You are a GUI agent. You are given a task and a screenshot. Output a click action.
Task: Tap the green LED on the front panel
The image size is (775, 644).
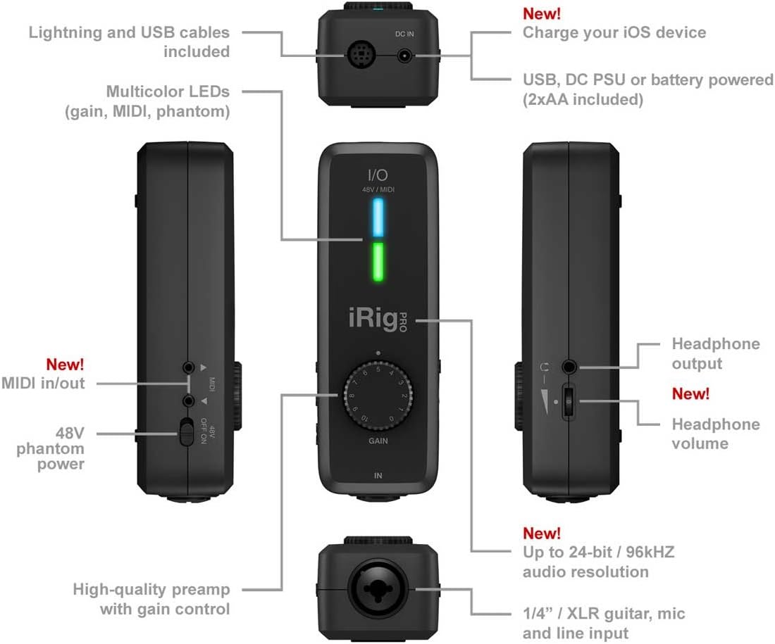378,262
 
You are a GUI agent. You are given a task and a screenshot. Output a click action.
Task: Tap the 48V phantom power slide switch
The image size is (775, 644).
186,431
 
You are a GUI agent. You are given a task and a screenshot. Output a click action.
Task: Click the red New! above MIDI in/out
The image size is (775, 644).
65,365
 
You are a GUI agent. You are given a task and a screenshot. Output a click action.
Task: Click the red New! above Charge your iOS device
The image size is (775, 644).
542,13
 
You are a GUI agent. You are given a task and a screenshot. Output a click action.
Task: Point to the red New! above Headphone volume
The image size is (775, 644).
691,393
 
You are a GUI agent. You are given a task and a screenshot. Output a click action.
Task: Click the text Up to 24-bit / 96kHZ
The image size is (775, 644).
598,552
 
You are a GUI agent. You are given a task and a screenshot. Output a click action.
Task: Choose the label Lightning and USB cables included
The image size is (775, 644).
130,42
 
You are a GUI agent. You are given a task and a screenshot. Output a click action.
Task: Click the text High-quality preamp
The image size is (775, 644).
151,589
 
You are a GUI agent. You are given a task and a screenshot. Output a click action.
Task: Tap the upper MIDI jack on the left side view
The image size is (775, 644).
188,367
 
